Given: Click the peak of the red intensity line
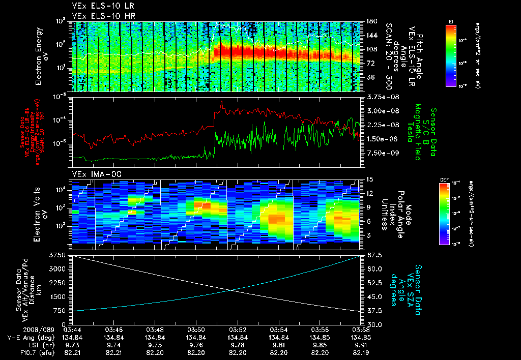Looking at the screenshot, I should coord(222,101).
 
